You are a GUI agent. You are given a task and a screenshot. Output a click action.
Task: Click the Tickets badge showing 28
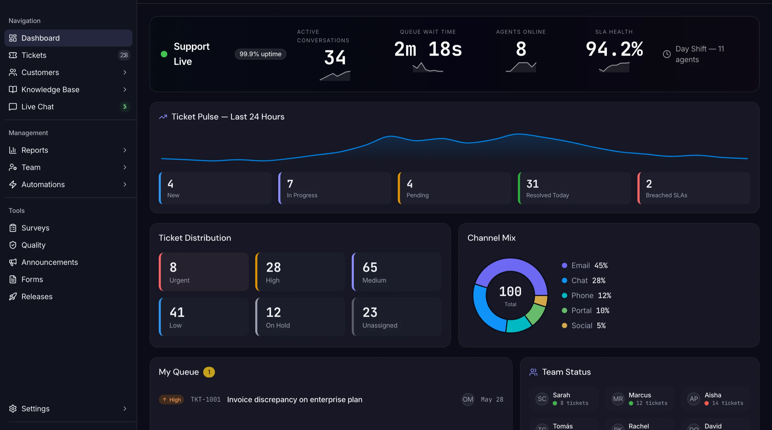point(124,55)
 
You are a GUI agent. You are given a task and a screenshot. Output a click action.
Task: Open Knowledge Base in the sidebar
point(50,89)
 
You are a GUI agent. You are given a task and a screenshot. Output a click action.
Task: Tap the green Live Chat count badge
point(125,106)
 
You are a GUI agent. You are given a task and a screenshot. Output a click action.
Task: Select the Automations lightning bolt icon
point(13,185)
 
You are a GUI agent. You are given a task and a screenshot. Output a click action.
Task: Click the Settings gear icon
point(13,408)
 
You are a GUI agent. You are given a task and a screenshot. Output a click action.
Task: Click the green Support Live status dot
point(164,54)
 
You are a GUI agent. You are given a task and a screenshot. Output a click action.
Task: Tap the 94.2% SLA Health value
point(614,49)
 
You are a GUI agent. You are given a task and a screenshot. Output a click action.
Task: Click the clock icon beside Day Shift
point(666,54)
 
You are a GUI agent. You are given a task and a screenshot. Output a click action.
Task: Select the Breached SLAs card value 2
point(649,184)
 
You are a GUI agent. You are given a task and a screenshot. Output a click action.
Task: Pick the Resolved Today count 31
point(532,184)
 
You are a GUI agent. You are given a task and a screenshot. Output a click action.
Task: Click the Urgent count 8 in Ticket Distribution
point(173,267)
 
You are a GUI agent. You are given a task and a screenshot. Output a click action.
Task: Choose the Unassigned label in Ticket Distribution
point(380,325)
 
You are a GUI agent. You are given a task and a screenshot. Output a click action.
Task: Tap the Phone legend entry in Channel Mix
point(586,295)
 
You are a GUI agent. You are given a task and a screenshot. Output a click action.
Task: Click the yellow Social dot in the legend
point(564,325)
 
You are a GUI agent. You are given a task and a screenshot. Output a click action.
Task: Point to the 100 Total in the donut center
point(510,295)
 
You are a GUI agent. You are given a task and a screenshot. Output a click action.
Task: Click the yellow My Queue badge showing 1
point(209,372)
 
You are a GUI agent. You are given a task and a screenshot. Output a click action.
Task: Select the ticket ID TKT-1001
point(206,399)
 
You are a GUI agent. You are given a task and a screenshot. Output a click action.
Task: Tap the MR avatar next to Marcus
point(618,399)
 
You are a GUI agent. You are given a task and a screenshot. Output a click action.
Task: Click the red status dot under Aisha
point(706,403)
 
